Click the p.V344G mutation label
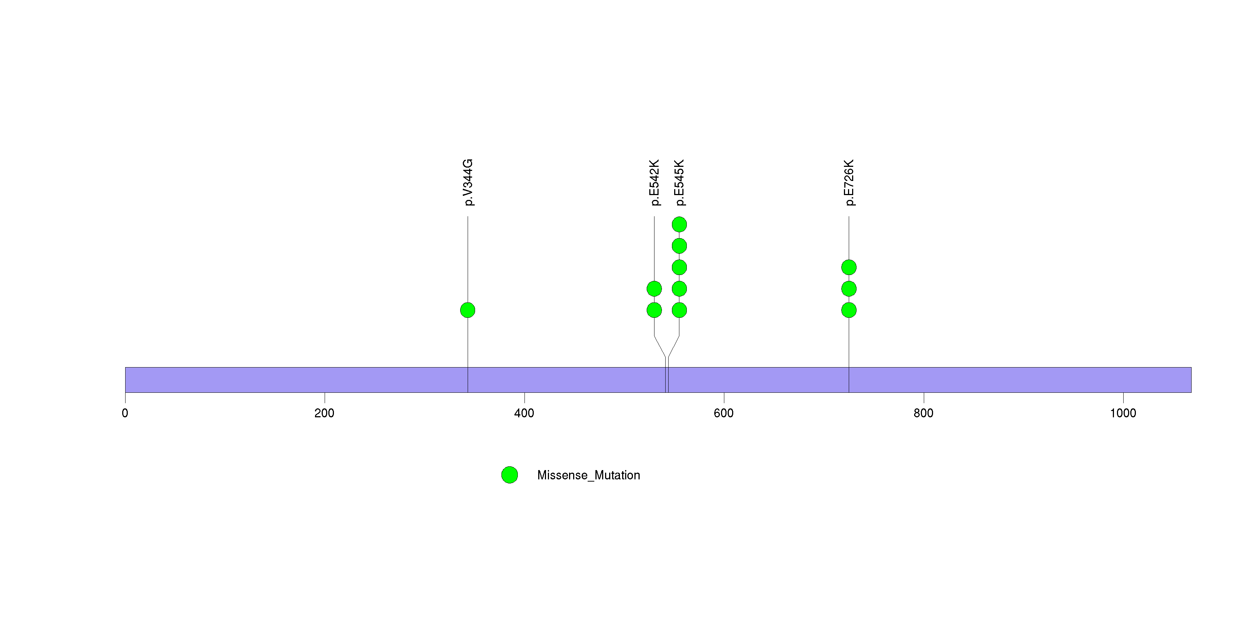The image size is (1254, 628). click(468, 182)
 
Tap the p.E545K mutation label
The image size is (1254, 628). click(680, 182)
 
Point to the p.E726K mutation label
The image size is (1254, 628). click(849, 182)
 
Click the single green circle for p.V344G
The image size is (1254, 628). click(468, 310)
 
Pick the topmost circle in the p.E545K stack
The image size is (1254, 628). click(680, 224)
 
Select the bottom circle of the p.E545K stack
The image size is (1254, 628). click(680, 310)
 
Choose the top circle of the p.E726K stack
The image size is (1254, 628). click(849, 267)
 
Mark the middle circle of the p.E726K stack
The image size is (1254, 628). click(849, 289)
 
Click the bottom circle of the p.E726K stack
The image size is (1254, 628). click(849, 310)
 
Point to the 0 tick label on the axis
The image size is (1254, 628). click(125, 413)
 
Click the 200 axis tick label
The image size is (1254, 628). click(325, 413)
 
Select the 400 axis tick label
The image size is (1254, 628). click(524, 413)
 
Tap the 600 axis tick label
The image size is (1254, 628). click(724, 413)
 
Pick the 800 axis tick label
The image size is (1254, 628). click(923, 413)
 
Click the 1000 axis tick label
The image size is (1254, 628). click(1123, 413)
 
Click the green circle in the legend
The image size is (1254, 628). click(510, 475)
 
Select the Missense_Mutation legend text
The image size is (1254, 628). click(588, 476)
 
